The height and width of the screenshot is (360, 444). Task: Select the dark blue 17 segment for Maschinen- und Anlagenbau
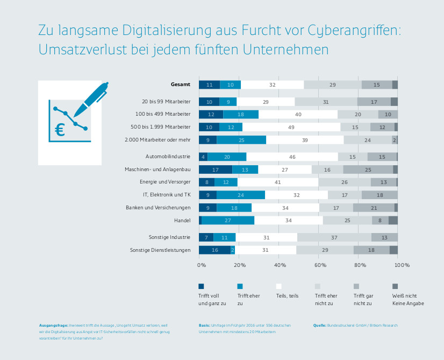coord(216,170)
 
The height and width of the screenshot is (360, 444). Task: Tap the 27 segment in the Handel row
coord(228,220)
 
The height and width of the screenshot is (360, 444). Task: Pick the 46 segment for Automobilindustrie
coord(292,157)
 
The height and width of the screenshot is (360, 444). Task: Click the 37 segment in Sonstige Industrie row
coord(334,237)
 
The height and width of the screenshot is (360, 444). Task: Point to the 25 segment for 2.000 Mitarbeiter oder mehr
coord(241,140)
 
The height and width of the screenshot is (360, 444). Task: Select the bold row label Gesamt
coord(180,84)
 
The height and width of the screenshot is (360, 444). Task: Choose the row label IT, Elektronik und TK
coord(167,195)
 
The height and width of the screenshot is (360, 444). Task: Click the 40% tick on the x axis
coord(280,265)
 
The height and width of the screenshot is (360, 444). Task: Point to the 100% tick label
coord(402,265)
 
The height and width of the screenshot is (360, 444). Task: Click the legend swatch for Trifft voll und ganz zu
coord(202,286)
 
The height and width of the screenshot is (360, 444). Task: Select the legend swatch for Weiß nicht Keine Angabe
coord(395,286)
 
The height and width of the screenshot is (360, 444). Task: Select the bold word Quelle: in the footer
coord(321,325)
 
